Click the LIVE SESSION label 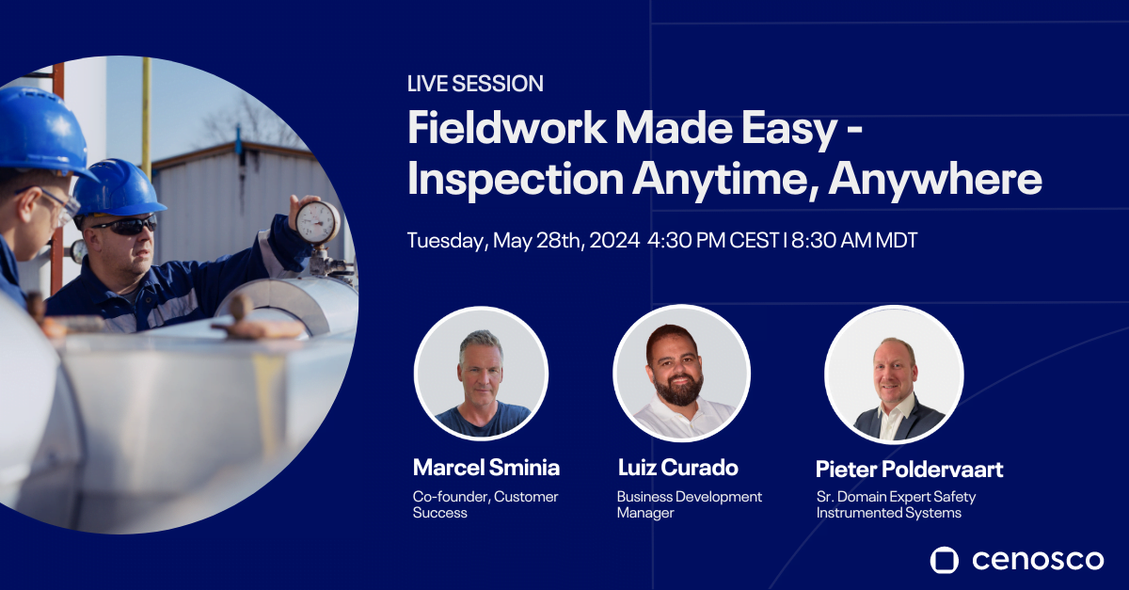point(475,84)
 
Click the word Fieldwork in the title point(506,128)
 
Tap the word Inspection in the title point(516,180)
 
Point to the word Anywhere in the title point(935,180)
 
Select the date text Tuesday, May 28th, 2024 point(524,241)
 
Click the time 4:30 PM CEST point(713,241)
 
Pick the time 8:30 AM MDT point(854,241)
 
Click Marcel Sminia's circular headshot point(482,374)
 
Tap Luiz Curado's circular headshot point(681,374)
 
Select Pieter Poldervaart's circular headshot point(894,375)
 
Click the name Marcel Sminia point(486,468)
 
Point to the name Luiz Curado point(678,468)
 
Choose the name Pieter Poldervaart point(910,469)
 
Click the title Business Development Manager point(690,504)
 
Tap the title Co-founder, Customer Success point(485,504)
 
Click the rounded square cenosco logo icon point(944,560)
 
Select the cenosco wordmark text point(1038,560)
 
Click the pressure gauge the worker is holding point(318,222)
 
